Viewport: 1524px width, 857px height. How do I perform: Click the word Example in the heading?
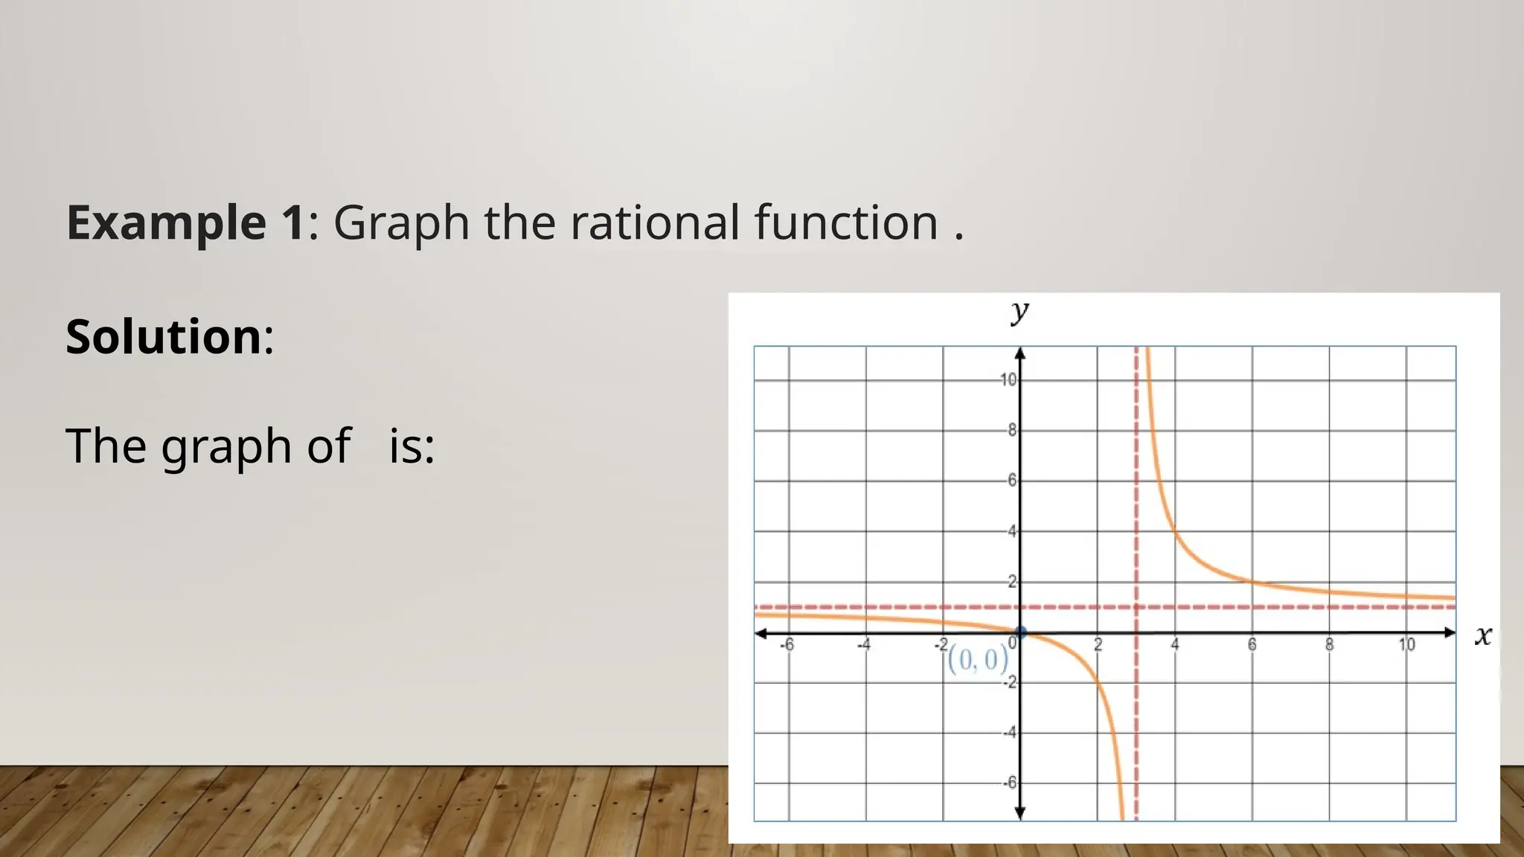click(x=166, y=222)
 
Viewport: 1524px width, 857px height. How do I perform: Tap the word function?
click(x=846, y=222)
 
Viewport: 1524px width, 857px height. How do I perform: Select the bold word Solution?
click(x=164, y=336)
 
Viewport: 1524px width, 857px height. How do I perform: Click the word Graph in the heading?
click(x=401, y=224)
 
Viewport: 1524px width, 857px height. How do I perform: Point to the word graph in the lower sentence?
click(x=225, y=448)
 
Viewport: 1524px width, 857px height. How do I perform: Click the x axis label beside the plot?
click(x=1483, y=635)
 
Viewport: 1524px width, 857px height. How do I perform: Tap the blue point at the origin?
click(x=1020, y=633)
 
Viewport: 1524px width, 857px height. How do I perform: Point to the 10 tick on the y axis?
click(x=1008, y=380)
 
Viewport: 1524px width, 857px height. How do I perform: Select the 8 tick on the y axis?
click(x=1011, y=430)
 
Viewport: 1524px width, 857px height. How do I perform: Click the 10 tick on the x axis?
click(x=1406, y=645)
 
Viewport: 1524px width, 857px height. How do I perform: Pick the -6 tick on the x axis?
click(x=787, y=645)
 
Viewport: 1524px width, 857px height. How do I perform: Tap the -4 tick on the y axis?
click(x=1009, y=733)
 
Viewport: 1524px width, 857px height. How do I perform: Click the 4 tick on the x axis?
click(x=1175, y=645)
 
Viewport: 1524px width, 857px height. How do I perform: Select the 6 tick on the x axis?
click(x=1252, y=645)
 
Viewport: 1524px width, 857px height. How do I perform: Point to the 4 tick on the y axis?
click(x=1011, y=531)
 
